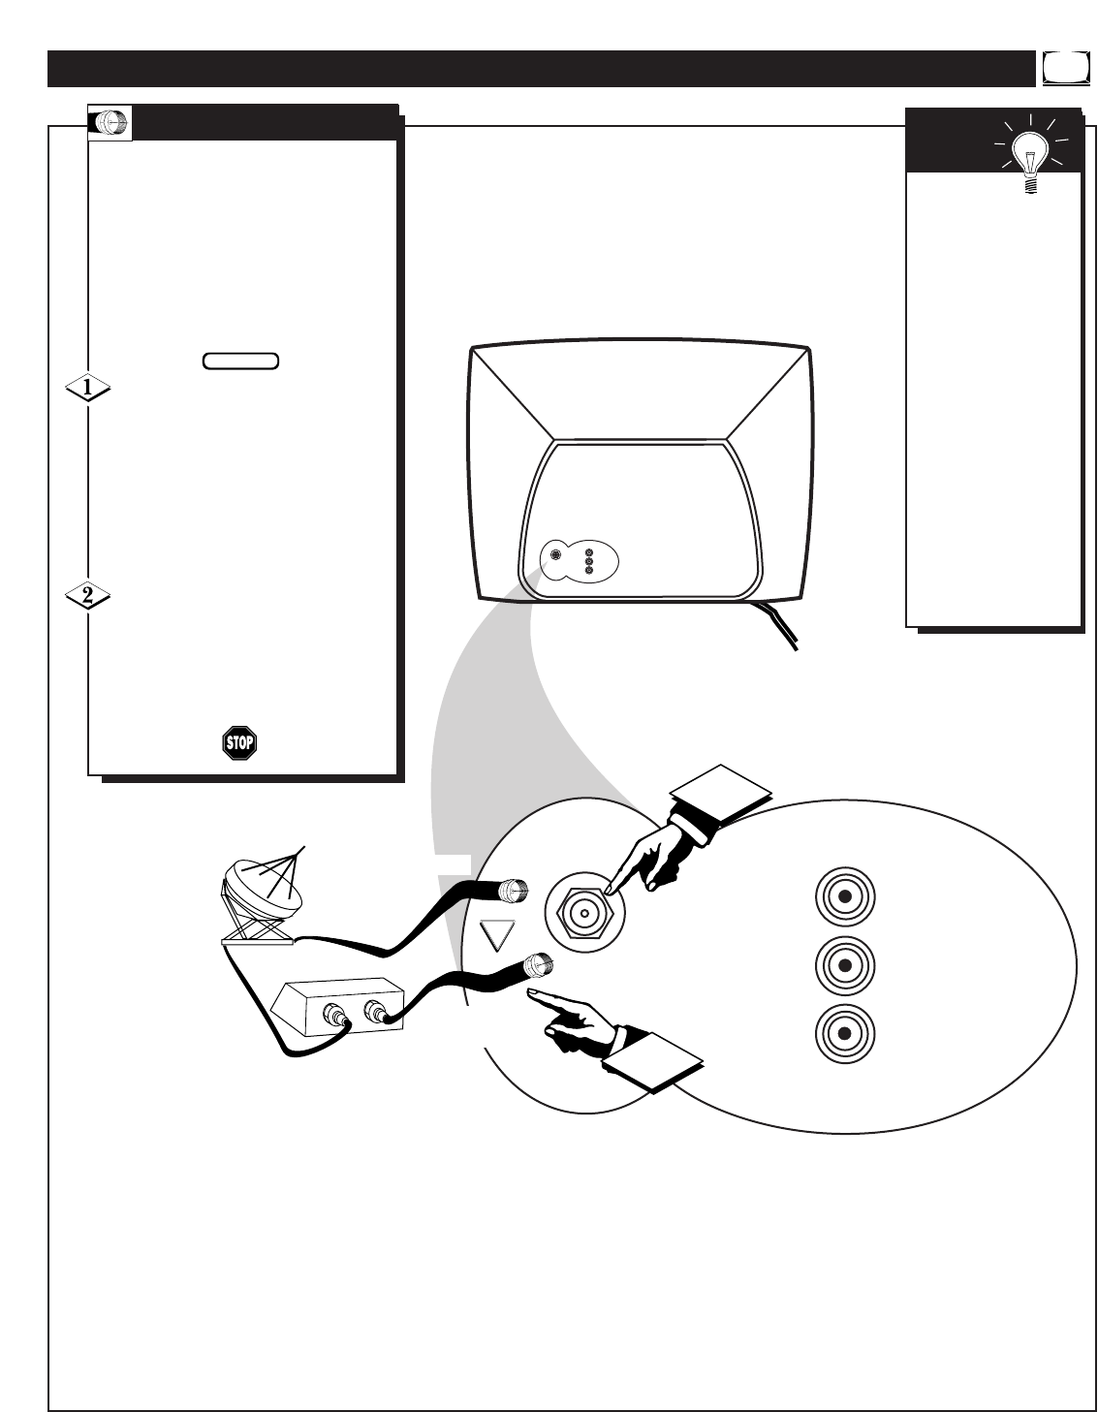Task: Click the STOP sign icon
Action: click(238, 743)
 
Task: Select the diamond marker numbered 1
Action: click(87, 389)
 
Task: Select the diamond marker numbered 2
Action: click(87, 596)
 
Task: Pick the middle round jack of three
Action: click(844, 965)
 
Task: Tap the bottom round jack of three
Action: click(844, 1033)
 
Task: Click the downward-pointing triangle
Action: click(500, 935)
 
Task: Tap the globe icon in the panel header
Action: click(110, 123)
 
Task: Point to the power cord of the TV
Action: click(779, 625)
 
